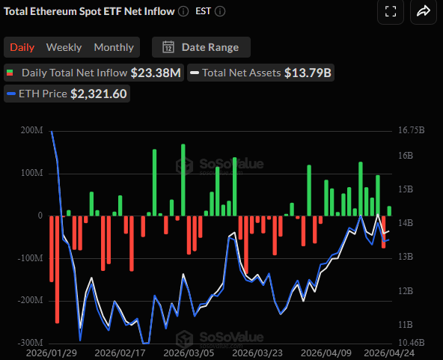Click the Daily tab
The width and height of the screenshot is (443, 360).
point(22,47)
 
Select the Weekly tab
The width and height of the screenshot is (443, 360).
point(64,47)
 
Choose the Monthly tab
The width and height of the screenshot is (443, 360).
point(114,47)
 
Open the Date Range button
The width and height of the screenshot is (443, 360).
point(201,47)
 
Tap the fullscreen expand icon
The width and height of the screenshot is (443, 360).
point(390,11)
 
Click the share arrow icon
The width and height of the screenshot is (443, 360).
point(423,11)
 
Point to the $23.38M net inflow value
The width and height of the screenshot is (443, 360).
point(156,73)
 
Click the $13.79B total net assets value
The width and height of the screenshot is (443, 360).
point(308,73)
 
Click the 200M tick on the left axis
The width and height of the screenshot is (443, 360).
point(32,130)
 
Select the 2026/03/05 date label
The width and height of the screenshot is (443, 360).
point(188,352)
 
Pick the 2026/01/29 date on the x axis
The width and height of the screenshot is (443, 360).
point(50,352)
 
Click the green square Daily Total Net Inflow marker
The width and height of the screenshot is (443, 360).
point(10,73)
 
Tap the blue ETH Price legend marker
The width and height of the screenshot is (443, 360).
point(10,94)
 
